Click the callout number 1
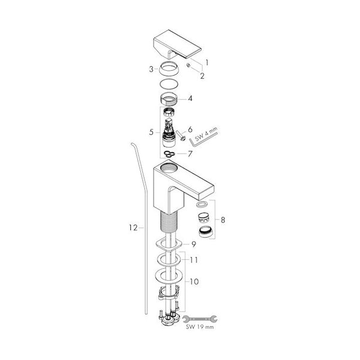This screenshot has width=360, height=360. pyautogui.click(x=207, y=62)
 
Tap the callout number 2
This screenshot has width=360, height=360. pyautogui.click(x=202, y=76)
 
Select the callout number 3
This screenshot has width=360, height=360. pyautogui.click(x=151, y=69)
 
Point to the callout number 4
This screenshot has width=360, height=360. pyautogui.click(x=190, y=99)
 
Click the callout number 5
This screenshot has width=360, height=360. pyautogui.click(x=151, y=132)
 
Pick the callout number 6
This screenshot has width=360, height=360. pyautogui.click(x=190, y=130)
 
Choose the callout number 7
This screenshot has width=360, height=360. pyautogui.click(x=190, y=154)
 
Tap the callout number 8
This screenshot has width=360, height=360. pyautogui.click(x=223, y=220)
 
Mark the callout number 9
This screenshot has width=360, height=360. pyautogui.click(x=194, y=245)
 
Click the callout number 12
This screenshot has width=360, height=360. pyautogui.click(x=133, y=228)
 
